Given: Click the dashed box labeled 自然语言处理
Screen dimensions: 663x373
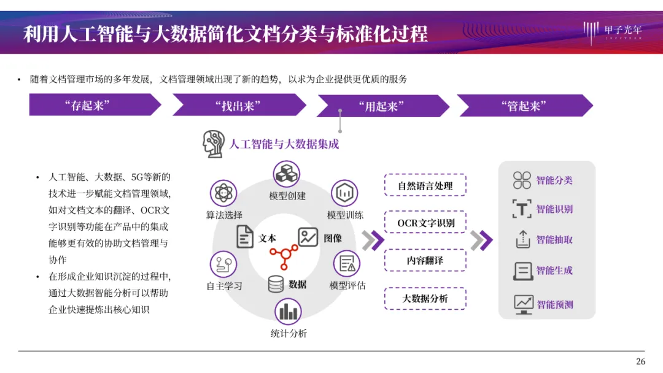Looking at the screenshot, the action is coord(425,185).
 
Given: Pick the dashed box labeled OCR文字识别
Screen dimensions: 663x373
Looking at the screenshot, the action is coord(425,223).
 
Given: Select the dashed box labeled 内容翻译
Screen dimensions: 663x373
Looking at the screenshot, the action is coord(425,260).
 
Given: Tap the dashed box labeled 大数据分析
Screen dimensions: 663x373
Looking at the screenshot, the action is coord(425,298).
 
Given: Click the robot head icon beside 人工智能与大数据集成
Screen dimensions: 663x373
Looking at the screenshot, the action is coord(214,144).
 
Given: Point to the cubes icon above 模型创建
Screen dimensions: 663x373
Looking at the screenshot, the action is coord(287,174).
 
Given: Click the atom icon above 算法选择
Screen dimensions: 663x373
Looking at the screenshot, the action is coord(223,193).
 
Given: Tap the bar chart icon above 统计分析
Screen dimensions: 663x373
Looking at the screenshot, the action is coord(287,312).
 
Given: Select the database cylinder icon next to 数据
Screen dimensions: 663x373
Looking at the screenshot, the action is coord(276,284).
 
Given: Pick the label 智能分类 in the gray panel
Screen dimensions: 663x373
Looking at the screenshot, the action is coord(554,180).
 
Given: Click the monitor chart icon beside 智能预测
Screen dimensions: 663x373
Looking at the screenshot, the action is coord(523,304).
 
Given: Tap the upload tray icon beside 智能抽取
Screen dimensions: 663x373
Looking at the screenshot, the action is coord(522,239).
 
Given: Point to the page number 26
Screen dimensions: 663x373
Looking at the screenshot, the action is coord(640,361).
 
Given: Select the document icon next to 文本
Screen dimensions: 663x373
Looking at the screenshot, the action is coord(245,237).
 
